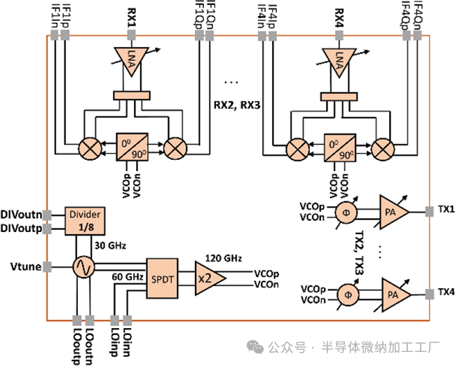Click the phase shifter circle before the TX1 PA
coord(346,212)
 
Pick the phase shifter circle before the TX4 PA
coord(346,294)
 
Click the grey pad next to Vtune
coord(46,266)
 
